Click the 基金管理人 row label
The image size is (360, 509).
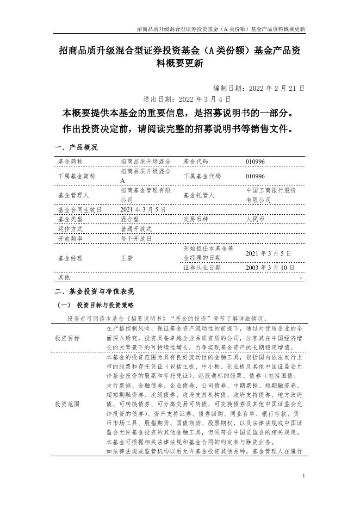coord(72,195)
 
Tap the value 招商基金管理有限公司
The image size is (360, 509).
coord(146,195)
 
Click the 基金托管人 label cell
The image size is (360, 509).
coord(199,195)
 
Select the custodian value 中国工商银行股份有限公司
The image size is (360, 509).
coord(271,195)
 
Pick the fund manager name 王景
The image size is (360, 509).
coord(126,258)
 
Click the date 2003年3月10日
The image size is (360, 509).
coord(271,268)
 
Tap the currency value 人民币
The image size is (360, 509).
coord(255,219)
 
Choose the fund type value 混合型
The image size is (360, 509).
coord(129,219)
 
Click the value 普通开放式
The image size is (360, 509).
coord(136,229)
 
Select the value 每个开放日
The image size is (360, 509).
coord(136,239)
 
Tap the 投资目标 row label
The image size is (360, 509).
coord(67,338)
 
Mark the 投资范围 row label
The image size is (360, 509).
coord(67,405)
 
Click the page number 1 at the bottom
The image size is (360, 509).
coord(303,476)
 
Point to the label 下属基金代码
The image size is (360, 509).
coord(202,177)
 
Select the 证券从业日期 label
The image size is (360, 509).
coord(202,268)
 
